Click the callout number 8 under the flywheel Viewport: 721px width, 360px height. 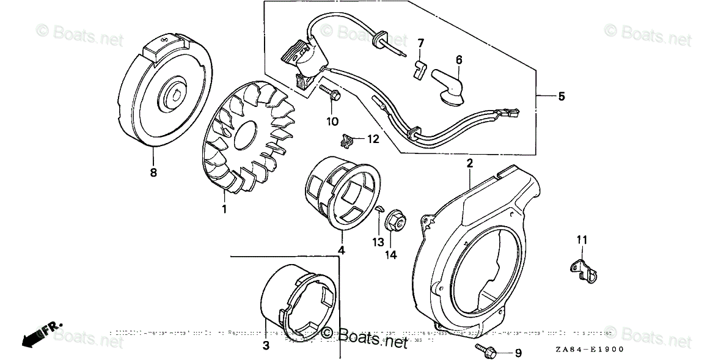[x=153, y=173]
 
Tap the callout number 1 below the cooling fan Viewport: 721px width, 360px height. [x=224, y=209]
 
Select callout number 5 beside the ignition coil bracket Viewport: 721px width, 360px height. [x=562, y=96]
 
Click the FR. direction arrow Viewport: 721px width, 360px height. [x=40, y=335]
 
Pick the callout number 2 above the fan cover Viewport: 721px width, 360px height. [x=470, y=163]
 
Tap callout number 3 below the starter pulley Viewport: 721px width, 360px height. [x=266, y=346]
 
